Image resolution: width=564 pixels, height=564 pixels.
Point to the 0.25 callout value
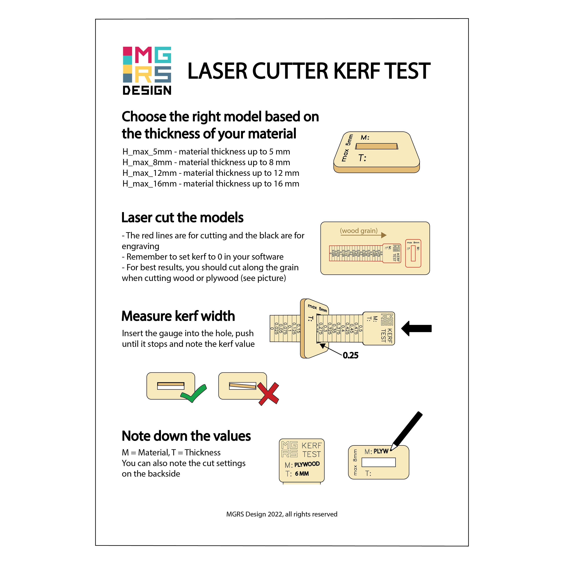pyautogui.click(x=350, y=355)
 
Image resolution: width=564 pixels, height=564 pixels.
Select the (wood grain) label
pyautogui.click(x=359, y=231)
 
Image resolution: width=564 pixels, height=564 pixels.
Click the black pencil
pyautogui.click(x=407, y=431)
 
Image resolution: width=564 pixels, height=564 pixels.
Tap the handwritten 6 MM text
pyautogui.click(x=302, y=474)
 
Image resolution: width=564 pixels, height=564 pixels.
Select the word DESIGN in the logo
pyautogui.click(x=147, y=90)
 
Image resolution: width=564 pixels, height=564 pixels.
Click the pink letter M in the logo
pyautogui.click(x=143, y=55)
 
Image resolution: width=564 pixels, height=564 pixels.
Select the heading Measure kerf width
pyautogui.click(x=178, y=316)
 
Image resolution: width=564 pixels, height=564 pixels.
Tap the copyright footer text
pyautogui.click(x=282, y=514)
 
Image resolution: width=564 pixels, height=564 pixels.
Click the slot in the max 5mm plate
pyautogui.click(x=377, y=146)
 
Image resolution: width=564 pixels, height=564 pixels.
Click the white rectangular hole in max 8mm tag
pyautogui.click(x=378, y=462)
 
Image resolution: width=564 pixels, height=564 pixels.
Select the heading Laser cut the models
pyautogui.click(x=182, y=218)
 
